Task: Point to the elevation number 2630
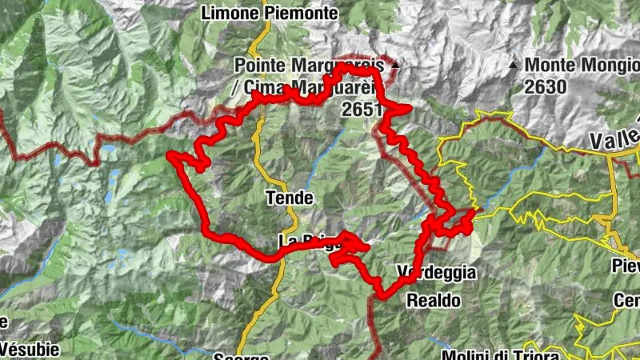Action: point(546,87)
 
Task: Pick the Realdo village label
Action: point(434,301)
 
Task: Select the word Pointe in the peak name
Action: point(259,65)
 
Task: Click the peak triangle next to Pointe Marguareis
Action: point(394,63)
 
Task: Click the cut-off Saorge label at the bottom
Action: point(236,356)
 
